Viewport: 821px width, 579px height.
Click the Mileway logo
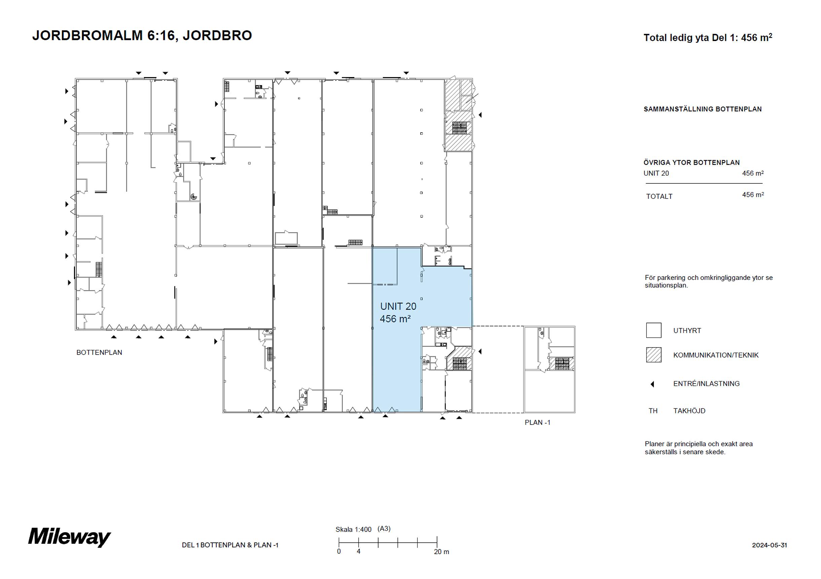coord(69,538)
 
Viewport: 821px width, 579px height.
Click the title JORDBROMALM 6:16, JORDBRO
coord(142,35)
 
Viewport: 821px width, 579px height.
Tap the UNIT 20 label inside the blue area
coord(398,306)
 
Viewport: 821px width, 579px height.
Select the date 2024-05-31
coord(769,545)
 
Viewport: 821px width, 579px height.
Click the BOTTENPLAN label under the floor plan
coord(99,352)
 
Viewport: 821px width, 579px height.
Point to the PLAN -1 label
coord(537,422)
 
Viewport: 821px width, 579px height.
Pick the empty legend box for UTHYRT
coord(654,330)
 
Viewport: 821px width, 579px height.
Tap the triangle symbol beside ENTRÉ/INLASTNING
coord(652,384)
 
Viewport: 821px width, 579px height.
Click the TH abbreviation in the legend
coord(653,411)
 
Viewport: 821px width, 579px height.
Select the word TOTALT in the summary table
coord(659,196)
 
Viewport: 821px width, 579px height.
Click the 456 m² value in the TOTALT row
coord(753,194)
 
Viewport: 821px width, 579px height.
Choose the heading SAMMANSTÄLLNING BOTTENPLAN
coord(703,109)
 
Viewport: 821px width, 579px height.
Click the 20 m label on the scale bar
coord(441,552)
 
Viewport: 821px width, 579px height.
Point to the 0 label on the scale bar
coord(338,551)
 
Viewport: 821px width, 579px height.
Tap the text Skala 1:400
coord(353,529)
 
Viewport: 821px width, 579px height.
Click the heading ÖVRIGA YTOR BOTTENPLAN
coord(691,162)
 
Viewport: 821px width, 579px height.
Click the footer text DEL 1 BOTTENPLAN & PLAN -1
coord(230,545)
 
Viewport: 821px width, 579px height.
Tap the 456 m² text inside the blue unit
coord(395,319)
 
